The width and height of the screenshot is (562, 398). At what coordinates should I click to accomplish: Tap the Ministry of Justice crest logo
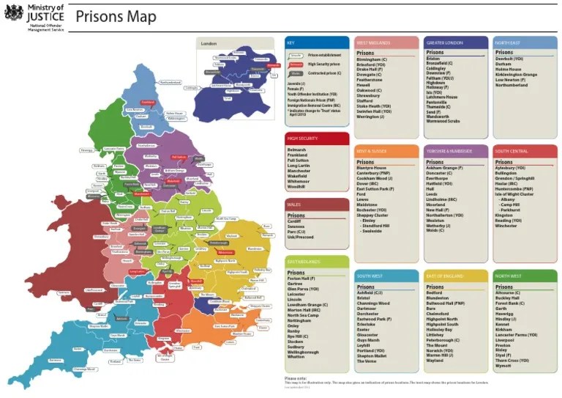coord(13,14)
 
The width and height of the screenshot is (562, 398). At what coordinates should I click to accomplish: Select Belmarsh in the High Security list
coord(297,150)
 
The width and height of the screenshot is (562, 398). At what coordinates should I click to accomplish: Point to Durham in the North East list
coord(504,64)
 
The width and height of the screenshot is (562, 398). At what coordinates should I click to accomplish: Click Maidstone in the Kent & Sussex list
coord(368,204)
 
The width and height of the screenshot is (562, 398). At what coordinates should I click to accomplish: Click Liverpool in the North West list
coord(506,340)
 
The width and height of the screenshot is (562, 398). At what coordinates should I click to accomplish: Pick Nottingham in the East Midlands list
coord(301,320)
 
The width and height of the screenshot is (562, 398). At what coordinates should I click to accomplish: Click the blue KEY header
coord(291,43)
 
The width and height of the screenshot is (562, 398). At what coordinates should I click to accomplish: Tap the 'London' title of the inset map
coord(209,44)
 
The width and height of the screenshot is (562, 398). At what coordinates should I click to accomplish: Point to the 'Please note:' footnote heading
coord(296,378)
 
